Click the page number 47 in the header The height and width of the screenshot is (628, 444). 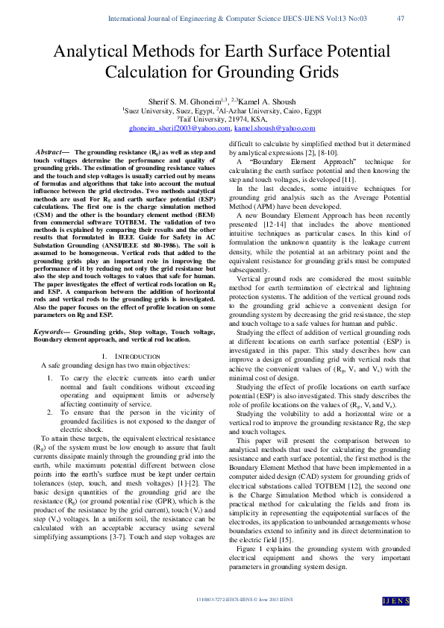[400, 18]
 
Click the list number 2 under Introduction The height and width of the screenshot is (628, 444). [50, 412]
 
